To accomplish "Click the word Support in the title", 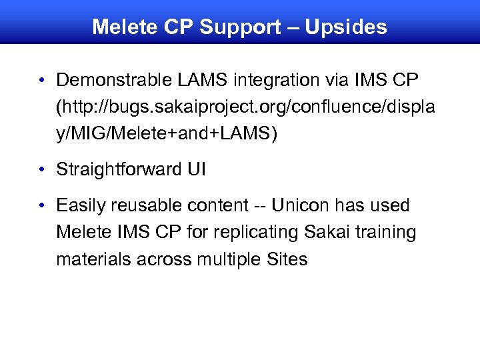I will tap(241, 27).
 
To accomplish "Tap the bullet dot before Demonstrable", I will tap(42, 81).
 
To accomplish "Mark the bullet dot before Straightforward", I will tap(42, 171).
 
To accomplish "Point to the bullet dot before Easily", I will tap(42, 206).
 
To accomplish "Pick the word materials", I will tap(94, 259).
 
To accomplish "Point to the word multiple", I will tap(229, 259).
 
